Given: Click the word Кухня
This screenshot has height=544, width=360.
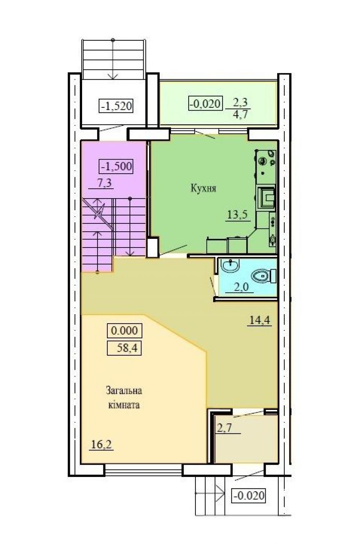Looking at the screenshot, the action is coord(203,188).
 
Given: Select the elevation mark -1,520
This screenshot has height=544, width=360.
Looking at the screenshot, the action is coord(116,106).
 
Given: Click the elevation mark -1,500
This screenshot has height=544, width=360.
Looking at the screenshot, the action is coord(116,166).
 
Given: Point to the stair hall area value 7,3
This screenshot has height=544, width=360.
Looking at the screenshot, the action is coord(104,182).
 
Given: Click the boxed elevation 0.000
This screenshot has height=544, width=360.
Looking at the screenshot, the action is coord(125,330).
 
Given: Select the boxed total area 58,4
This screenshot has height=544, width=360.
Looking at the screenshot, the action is coord(125,348).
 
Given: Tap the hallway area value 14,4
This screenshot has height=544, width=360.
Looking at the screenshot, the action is coord(260,321).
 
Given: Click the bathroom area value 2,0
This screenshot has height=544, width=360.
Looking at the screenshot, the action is coord(242,287).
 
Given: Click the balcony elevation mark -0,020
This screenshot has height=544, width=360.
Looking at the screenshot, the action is coord(206,103).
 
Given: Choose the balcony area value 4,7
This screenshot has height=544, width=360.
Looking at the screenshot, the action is coord(240,114).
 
